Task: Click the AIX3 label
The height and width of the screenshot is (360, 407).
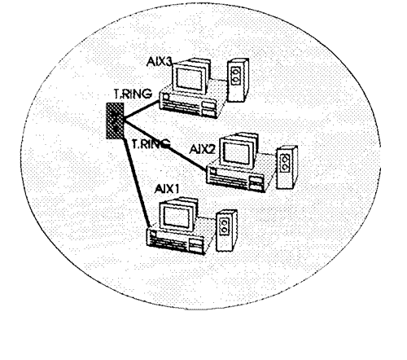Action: coord(160,62)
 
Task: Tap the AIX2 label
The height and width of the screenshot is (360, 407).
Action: coord(202,149)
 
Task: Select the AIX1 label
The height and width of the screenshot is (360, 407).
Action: coord(167,189)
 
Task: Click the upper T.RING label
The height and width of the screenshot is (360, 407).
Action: coord(133,94)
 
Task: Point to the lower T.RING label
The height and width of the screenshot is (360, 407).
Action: coord(151,143)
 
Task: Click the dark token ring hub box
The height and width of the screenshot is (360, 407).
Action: coord(115,121)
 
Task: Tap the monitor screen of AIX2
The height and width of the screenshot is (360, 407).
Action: coord(236,152)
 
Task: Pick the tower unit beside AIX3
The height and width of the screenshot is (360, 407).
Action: coord(238,80)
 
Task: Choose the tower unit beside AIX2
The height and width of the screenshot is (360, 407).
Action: coord(287,167)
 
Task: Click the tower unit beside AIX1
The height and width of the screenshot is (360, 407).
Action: coord(227,230)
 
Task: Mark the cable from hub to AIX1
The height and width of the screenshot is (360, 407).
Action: coord(137,182)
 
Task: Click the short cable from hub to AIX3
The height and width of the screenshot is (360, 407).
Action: coord(141,110)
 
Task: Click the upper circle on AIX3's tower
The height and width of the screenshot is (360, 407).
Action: coord(234,72)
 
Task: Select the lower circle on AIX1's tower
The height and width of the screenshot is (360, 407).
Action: coord(225,230)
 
